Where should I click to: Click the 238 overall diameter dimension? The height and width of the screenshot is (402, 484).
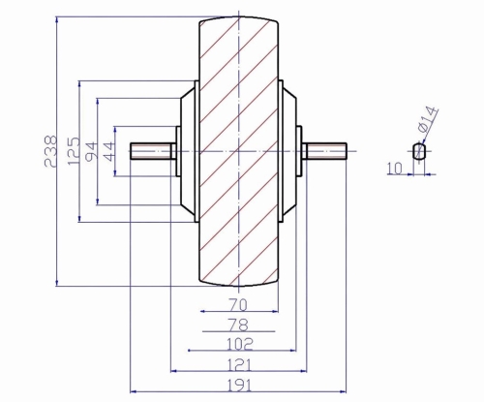[50, 151]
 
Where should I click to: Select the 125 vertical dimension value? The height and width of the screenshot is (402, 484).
[74, 150]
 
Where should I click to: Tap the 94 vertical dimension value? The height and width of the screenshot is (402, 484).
[91, 151]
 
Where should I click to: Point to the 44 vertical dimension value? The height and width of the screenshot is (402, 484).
[108, 151]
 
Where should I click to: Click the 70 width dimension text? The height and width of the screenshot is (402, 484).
[238, 305]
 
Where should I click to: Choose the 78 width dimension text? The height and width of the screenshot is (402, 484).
[238, 325]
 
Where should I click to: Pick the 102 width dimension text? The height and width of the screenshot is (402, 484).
[239, 344]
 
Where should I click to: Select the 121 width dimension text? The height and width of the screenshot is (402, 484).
[239, 365]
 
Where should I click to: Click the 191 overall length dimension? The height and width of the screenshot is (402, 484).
[239, 386]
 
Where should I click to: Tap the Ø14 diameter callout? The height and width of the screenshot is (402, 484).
[428, 119]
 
